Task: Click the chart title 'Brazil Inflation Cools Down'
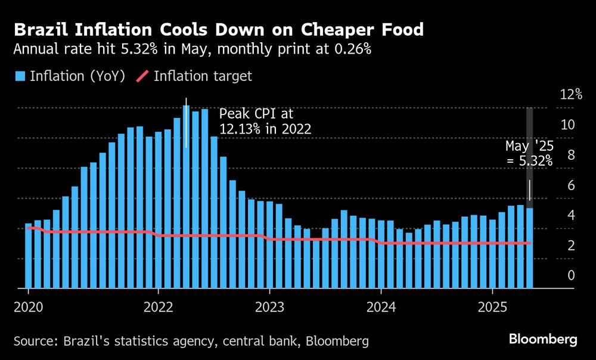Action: tap(219, 29)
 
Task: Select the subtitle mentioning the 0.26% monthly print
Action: tap(193, 49)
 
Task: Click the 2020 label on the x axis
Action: tap(28, 309)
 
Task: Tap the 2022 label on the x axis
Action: tap(158, 309)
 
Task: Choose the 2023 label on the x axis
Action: tap(269, 309)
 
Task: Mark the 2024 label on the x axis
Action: tap(381, 309)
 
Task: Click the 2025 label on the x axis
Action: tap(492, 309)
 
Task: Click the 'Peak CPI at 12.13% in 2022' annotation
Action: tap(265, 121)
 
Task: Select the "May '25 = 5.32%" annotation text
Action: tap(529, 153)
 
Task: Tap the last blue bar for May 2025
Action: tap(529, 247)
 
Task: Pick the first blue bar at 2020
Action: tap(28, 256)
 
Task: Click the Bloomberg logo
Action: tap(543, 340)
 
